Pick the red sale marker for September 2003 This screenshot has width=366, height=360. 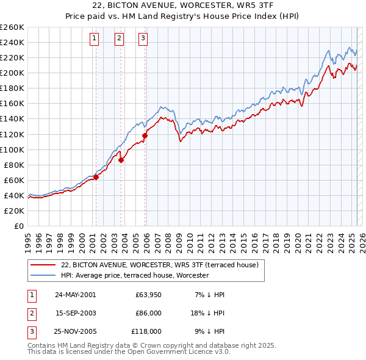tap(121, 160)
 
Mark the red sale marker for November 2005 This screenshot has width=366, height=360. tap(145, 135)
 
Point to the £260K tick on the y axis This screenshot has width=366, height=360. tap(12, 27)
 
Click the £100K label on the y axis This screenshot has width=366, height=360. tap(12, 149)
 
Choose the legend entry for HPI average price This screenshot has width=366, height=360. tap(135, 276)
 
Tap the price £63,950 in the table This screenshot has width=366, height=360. tap(148, 295)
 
